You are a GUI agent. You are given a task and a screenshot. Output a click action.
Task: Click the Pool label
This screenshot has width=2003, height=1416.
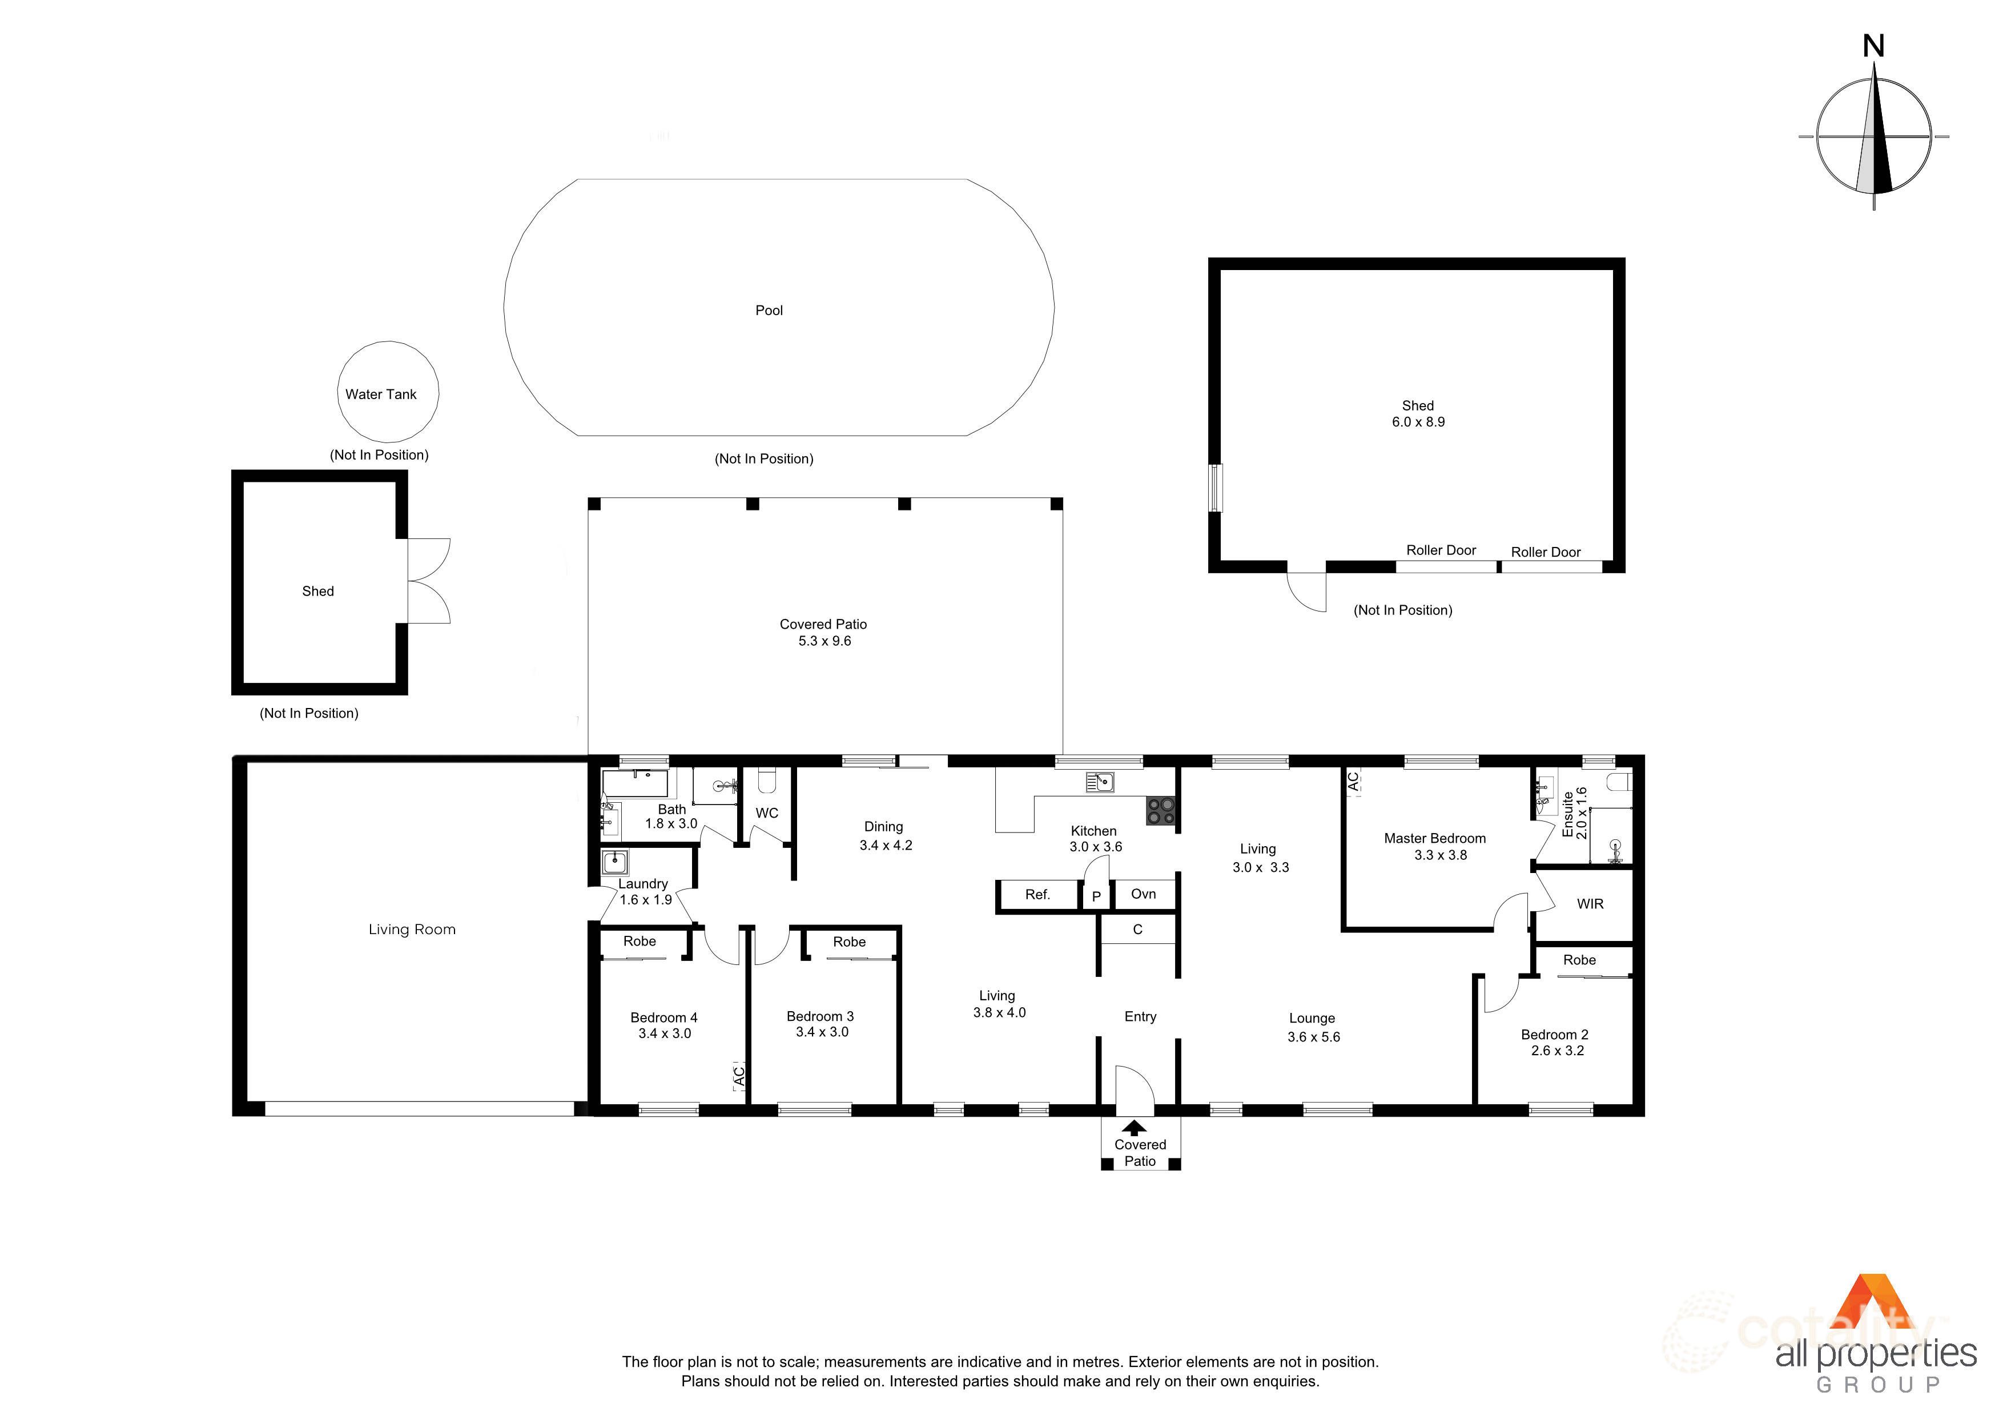[x=769, y=311]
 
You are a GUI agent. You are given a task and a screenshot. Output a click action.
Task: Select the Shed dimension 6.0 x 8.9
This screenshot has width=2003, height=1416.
[x=1418, y=423]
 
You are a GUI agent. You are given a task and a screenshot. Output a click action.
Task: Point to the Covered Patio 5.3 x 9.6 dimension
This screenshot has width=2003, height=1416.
[x=824, y=641]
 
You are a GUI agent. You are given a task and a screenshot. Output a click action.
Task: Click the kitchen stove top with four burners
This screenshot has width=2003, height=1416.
[x=1160, y=811]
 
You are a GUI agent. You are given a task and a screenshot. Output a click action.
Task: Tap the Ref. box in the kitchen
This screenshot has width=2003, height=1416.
[x=1037, y=894]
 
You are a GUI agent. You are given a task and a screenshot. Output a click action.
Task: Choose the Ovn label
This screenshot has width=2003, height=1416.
[x=1143, y=894]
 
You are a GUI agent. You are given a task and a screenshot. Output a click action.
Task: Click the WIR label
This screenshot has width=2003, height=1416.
[x=1590, y=904]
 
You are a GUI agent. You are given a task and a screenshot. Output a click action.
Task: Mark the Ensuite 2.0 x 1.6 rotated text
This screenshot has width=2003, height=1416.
[x=1575, y=813]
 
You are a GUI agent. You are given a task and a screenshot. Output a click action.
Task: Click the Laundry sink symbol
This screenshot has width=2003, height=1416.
[x=615, y=863]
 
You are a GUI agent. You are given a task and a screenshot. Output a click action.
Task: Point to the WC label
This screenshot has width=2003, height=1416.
[x=767, y=813]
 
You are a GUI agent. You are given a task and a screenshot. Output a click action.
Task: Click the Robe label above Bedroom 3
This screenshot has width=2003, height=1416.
[x=849, y=942]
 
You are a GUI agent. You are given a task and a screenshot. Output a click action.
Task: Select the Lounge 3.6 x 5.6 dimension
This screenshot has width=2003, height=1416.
[x=1313, y=1037]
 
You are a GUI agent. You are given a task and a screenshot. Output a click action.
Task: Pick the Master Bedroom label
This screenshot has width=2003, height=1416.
[x=1434, y=838]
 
